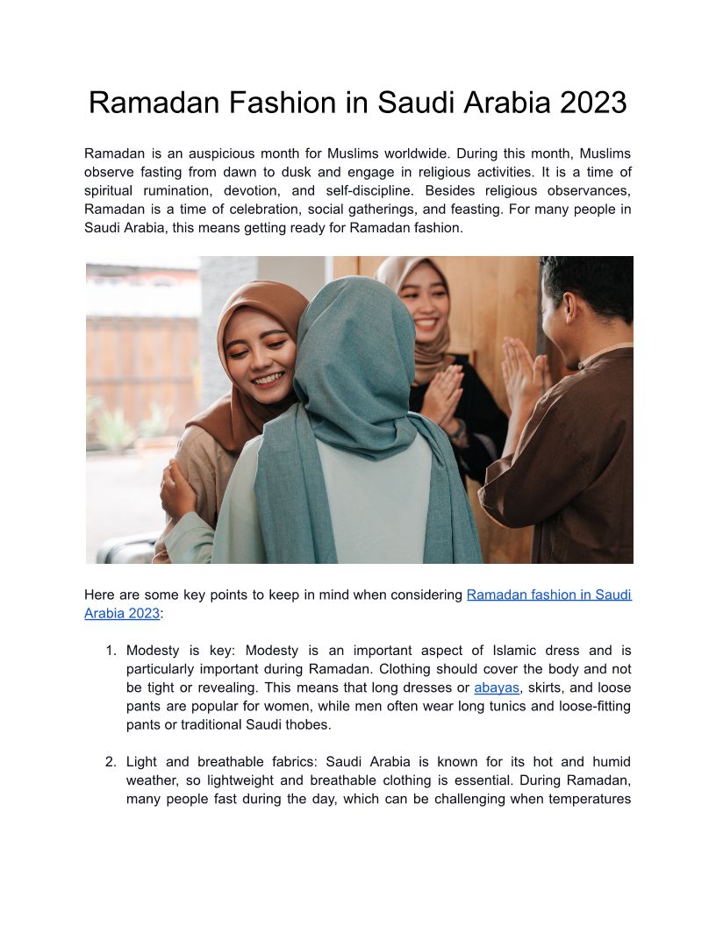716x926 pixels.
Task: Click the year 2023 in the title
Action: [x=592, y=103]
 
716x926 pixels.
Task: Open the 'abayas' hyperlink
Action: [x=496, y=687]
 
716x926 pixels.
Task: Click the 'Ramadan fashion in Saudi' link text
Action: [x=548, y=595]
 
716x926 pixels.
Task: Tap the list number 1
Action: [x=111, y=651]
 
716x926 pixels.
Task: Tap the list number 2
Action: [x=111, y=762]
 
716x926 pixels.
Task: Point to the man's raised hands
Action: [x=524, y=373]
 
